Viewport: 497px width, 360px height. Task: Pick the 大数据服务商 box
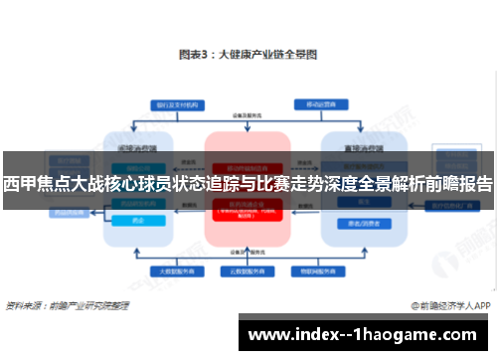coord(168,270)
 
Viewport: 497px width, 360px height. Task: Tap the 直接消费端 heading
coord(357,143)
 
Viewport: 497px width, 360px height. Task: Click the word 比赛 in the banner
coord(275,185)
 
